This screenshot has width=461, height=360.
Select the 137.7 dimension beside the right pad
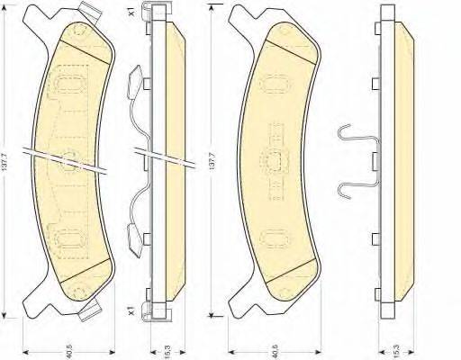point(212,162)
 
